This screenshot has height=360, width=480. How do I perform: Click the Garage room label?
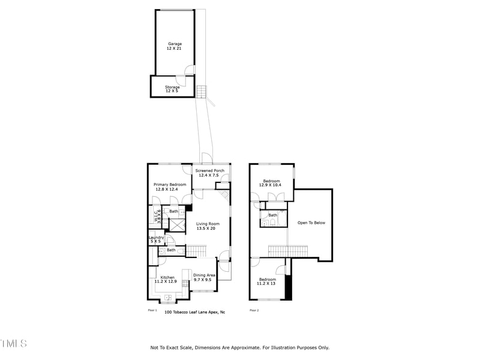[x=175, y=44]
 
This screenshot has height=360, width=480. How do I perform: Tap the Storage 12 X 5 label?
[x=172, y=87]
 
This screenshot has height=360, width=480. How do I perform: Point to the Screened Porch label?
[x=210, y=170]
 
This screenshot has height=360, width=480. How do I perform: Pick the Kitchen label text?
[x=167, y=277]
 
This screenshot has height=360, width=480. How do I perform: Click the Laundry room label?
[x=156, y=238]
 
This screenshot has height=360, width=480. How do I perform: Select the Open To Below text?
[x=311, y=223]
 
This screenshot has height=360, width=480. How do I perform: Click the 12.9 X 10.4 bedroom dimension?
[x=271, y=185]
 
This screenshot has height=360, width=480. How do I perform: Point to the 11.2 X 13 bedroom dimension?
[x=268, y=284]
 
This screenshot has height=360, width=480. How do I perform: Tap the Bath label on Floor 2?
[x=273, y=215]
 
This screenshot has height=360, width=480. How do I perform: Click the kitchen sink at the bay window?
[x=168, y=297]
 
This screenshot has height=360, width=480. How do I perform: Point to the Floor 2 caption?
[x=254, y=310]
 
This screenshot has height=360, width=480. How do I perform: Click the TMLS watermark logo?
[x=13, y=343]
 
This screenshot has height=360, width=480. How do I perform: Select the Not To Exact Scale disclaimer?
[x=239, y=347]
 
